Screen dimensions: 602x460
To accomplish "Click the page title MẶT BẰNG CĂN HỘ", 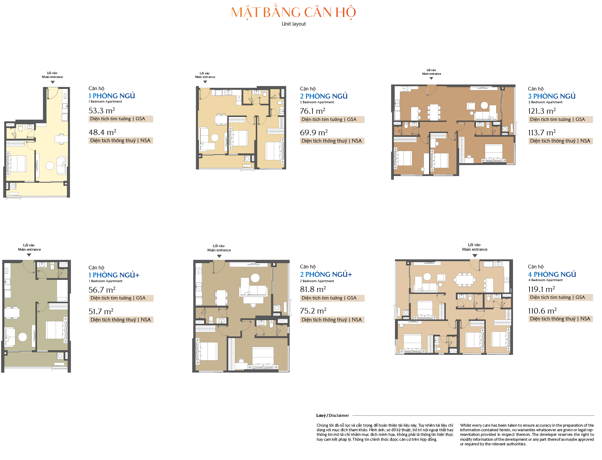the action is pos(293,12).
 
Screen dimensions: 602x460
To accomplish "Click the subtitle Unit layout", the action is pos(294,24).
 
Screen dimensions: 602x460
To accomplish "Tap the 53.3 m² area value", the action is pos(102,110).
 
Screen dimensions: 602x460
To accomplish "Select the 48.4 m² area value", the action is pos(103,132).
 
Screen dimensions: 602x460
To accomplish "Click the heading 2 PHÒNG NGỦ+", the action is pos(326,274).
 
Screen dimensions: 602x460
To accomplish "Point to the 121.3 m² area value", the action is pos(542,111).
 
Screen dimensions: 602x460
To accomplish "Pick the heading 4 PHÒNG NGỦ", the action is pos(552,274).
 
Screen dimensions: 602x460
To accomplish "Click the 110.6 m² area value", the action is pos(542,311).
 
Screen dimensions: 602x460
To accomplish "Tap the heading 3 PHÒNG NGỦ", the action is pos(552,96).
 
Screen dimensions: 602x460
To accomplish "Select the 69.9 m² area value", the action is pos(314,132).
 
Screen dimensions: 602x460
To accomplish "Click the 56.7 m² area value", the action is pos(102,290).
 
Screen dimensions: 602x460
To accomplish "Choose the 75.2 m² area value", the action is pos(313,311).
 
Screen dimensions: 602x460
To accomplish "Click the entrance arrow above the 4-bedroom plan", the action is pos(475,256).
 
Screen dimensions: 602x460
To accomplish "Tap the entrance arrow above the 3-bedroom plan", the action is pos(431,78).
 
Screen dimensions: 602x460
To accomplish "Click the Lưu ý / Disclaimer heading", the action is pos(333,415).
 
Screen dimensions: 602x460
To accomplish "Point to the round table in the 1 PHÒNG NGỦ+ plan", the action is pos(23,337).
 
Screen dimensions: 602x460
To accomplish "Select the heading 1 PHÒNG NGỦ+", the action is pos(114,275).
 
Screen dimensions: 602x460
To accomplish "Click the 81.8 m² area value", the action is pos(313,289).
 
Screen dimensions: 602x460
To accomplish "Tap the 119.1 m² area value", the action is pos(541,289).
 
